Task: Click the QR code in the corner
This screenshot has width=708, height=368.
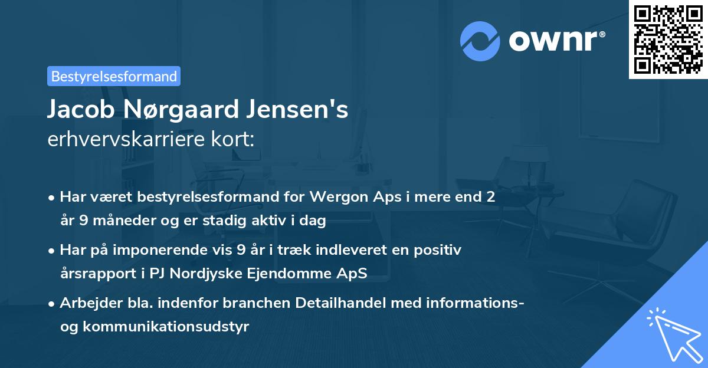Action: (668, 40)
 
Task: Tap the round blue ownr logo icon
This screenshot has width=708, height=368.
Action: (480, 41)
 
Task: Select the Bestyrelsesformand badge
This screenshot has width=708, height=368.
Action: (114, 76)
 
